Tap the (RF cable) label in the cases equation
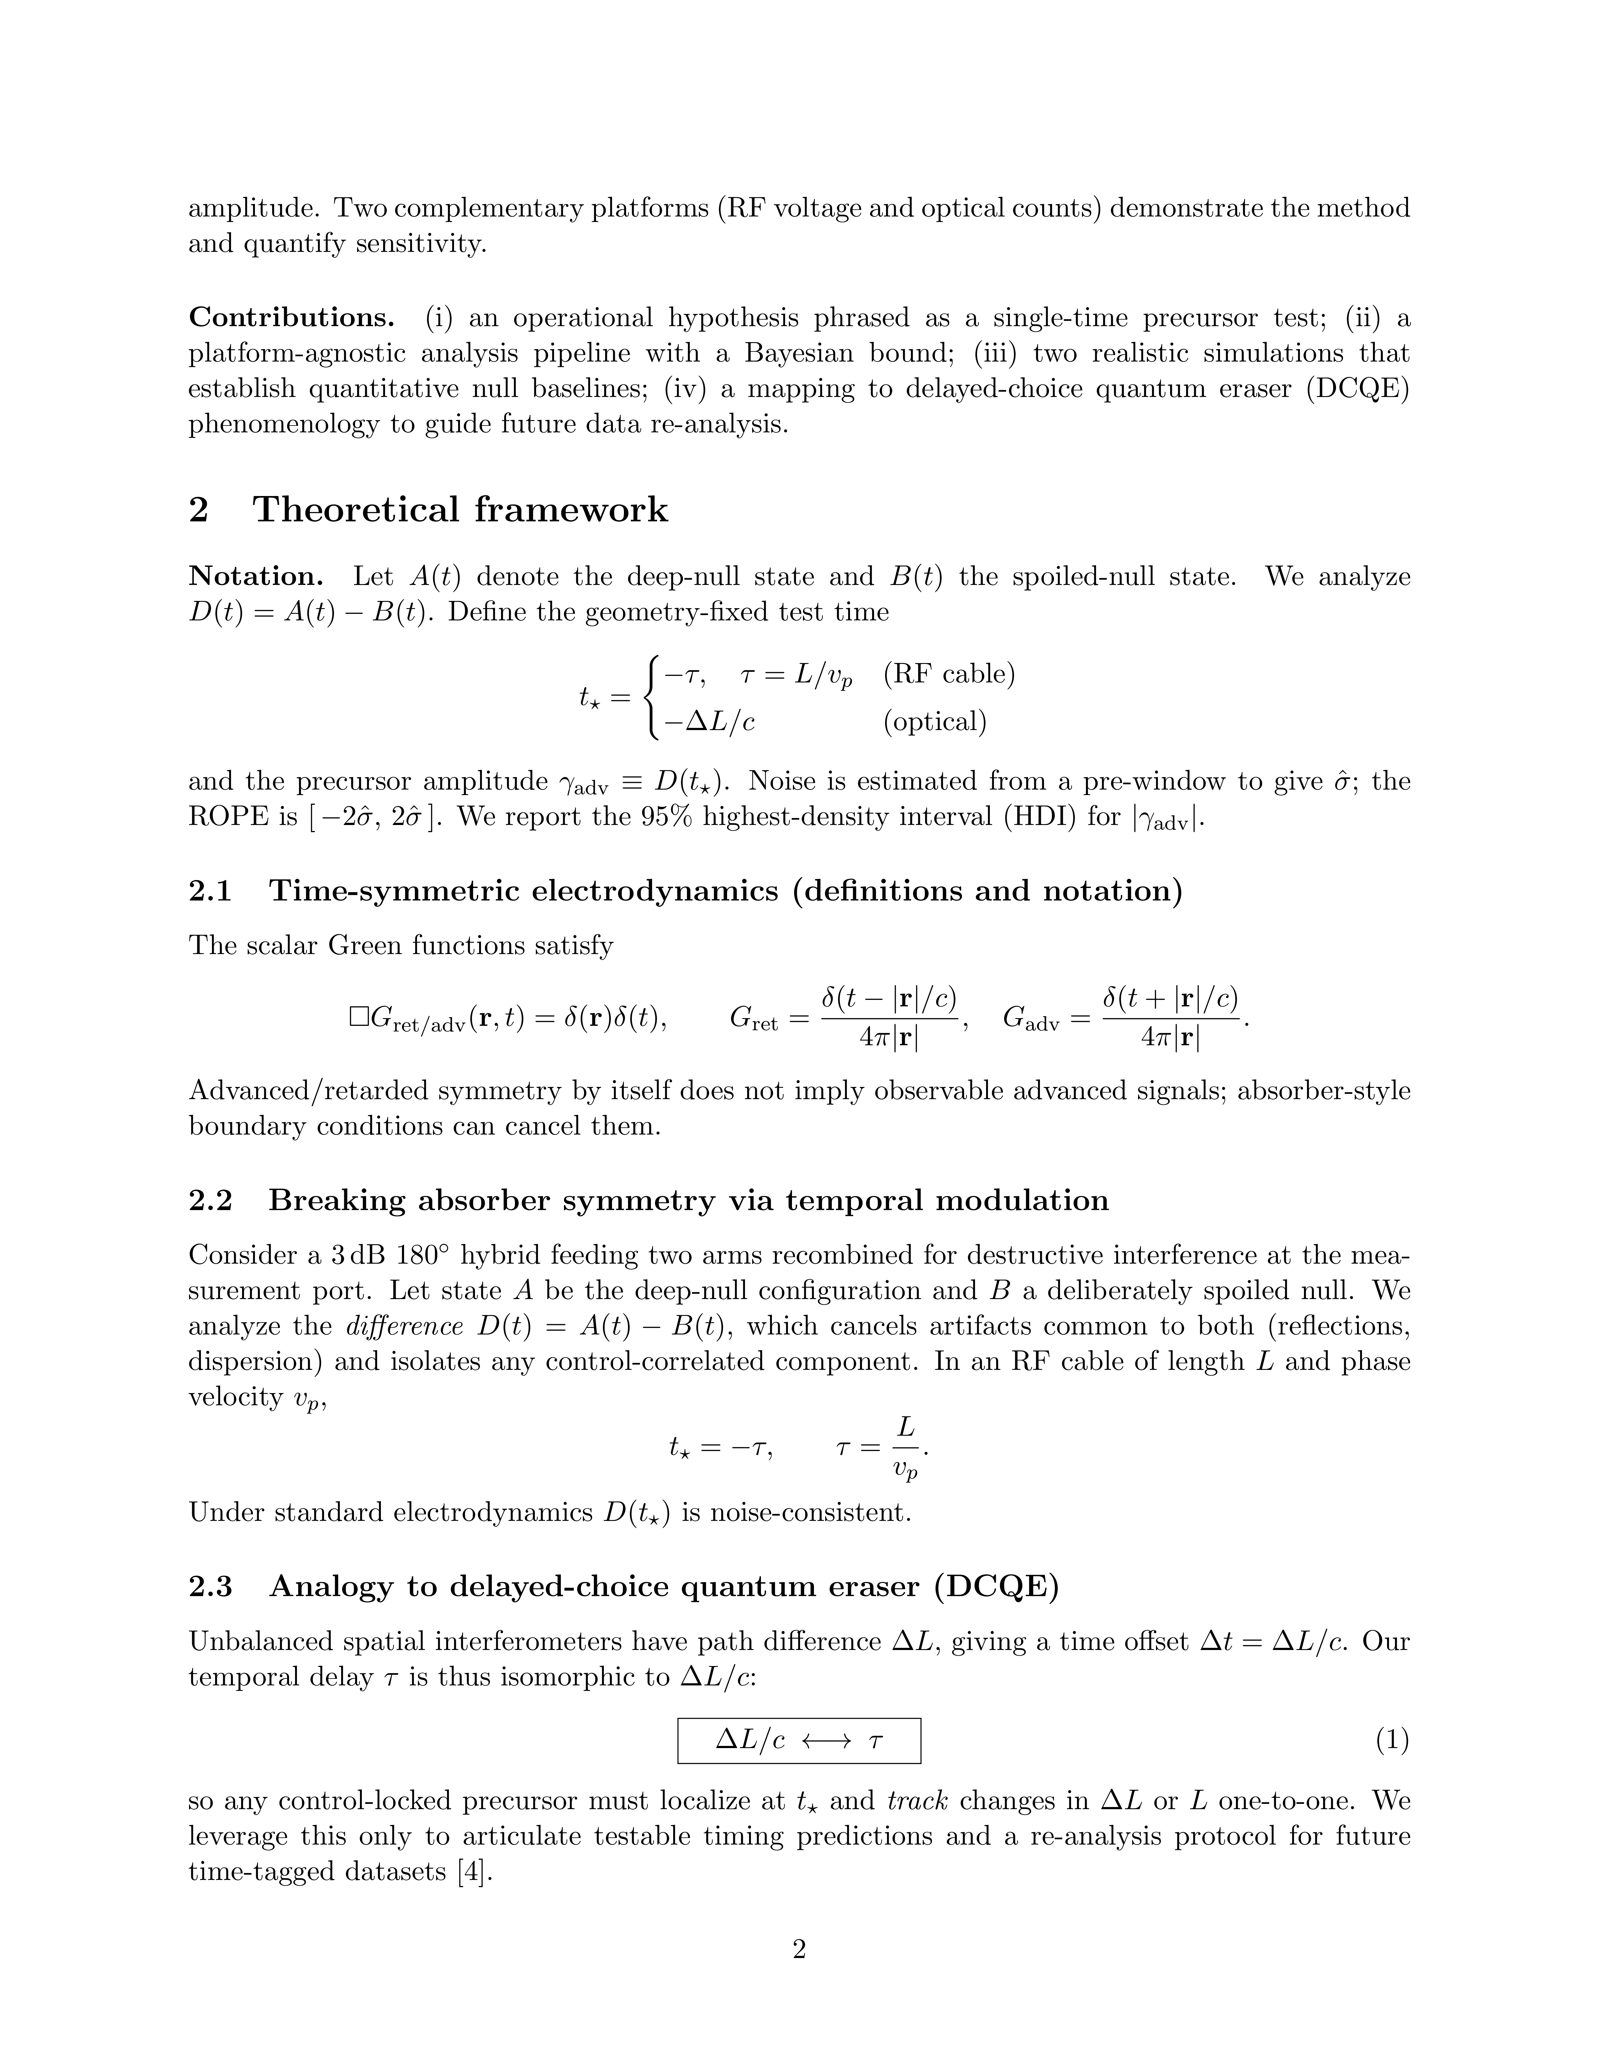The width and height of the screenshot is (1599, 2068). tap(948, 674)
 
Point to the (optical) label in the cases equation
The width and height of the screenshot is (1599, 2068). tap(935, 723)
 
